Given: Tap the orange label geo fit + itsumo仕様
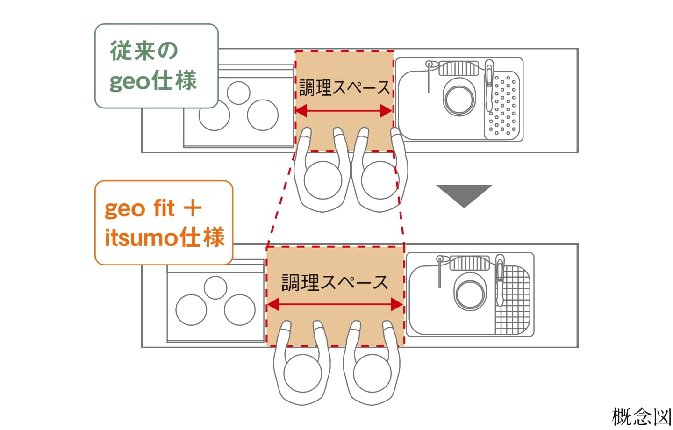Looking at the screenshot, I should pos(164,223).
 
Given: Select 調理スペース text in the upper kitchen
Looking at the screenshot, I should pos(344,87).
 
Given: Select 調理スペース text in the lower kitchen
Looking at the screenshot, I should pos(335,282).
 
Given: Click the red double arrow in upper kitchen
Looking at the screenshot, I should pos(344,111).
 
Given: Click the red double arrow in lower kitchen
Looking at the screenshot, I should pos(335,305).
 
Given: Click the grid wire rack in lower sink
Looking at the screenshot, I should pos(513,299).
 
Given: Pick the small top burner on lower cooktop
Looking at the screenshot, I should pos(215,287).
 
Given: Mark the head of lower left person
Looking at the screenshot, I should pos(302,374).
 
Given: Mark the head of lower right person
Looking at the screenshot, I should pos(372,374).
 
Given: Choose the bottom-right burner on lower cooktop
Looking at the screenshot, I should pos(239,310).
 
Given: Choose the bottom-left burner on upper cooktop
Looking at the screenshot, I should pos(214,115).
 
